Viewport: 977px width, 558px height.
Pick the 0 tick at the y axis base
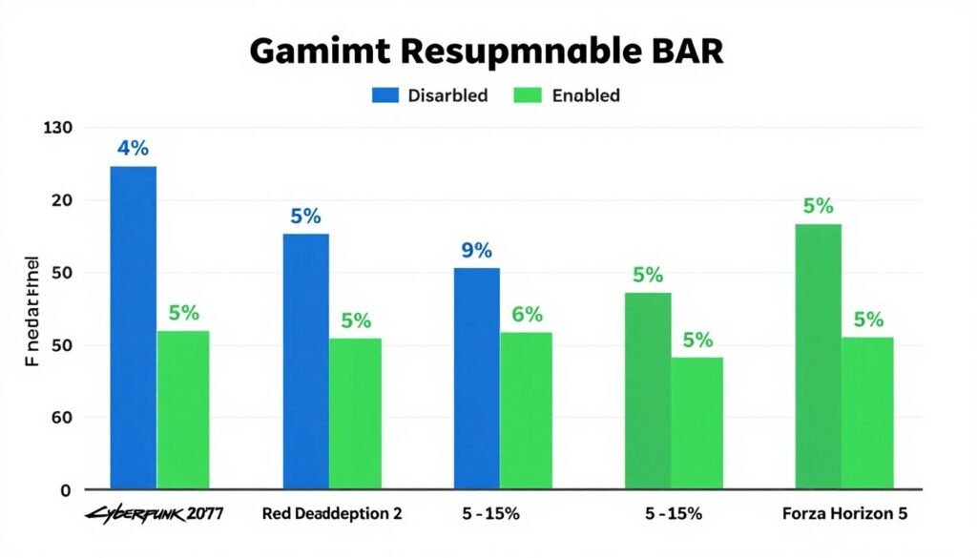click(66, 490)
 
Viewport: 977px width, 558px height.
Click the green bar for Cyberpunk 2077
click(183, 409)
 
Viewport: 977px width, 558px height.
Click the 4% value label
click(134, 149)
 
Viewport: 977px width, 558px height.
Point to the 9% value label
click(476, 251)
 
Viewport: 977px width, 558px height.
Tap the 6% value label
click(527, 315)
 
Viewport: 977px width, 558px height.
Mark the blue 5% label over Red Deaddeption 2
click(305, 217)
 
